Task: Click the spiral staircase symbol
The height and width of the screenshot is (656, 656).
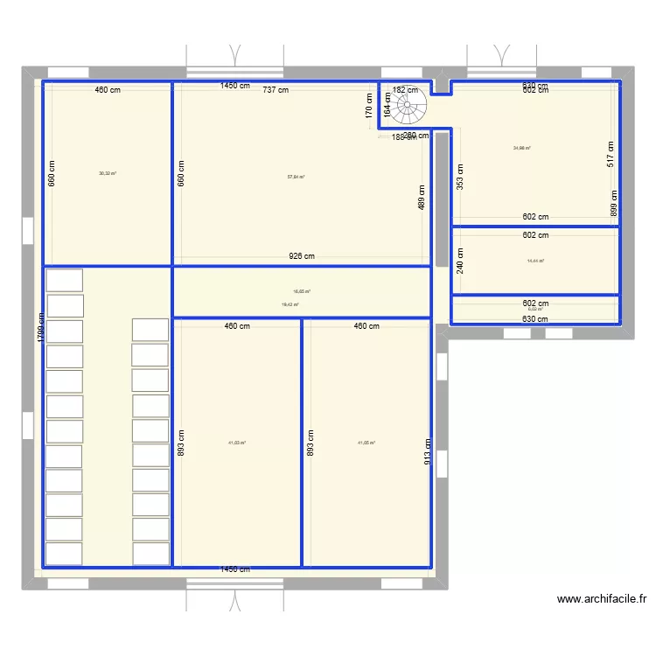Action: pos(408,108)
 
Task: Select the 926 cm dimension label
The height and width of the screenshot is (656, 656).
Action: pos(302,256)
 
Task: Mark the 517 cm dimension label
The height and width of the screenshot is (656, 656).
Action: pos(611,154)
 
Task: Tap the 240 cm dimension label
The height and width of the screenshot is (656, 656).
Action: pos(460,261)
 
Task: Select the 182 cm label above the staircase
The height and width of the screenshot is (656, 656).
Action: pos(405,90)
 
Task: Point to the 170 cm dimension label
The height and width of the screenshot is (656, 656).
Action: pos(369,106)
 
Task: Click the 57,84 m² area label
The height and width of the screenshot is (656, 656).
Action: pos(296,177)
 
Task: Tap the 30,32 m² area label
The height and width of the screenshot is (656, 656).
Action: pos(108,173)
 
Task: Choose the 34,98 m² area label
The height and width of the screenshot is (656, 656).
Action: pos(522,148)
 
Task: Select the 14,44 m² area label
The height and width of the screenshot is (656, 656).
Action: pos(535,261)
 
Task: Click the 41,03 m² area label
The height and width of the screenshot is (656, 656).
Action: pos(236,443)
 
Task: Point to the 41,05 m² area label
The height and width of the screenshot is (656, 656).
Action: pos(366,443)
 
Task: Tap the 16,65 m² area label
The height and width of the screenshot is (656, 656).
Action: pos(302,292)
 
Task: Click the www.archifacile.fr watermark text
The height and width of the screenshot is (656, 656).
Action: pos(601,599)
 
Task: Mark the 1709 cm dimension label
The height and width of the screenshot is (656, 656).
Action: pos(40,329)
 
